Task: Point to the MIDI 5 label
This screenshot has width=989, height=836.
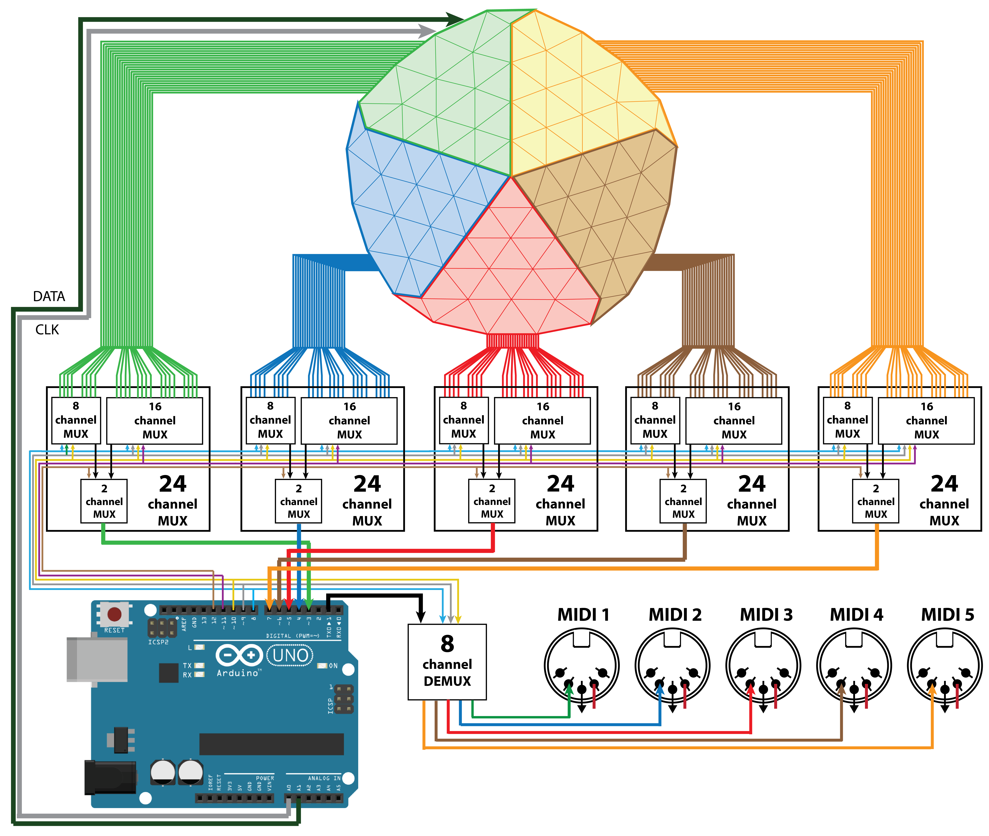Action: click(947, 615)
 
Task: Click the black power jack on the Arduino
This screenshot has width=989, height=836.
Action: click(110, 777)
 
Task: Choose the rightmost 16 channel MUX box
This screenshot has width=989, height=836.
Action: click(926, 420)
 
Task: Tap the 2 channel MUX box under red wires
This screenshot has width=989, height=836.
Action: click(492, 501)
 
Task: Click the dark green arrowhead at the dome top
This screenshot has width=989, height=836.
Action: click(455, 19)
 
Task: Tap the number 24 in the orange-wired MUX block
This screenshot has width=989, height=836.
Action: click(944, 484)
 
